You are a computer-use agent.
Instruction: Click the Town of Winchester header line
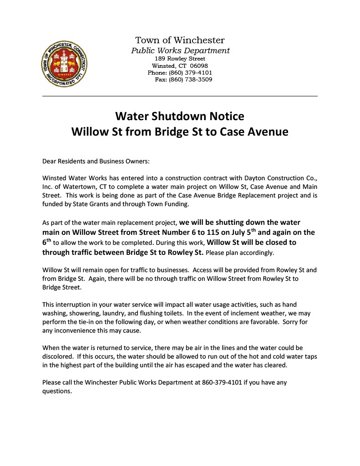(x=180, y=41)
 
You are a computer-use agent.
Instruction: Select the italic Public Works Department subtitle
(x=180, y=51)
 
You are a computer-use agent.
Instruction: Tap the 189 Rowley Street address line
(x=180, y=59)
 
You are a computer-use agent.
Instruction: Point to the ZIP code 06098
(x=199, y=66)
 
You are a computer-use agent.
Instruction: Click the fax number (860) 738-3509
(x=190, y=80)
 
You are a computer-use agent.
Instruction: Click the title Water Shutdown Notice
(x=180, y=116)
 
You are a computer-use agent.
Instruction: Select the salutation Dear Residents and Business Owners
(x=96, y=161)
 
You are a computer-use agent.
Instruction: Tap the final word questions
(x=57, y=391)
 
